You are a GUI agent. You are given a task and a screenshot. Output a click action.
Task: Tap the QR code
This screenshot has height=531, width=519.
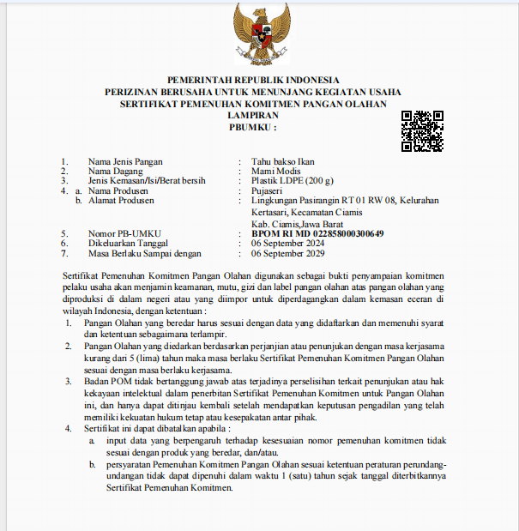pyautogui.click(x=422, y=131)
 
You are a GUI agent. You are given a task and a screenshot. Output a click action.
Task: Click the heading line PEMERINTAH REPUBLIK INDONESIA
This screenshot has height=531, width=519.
pyautogui.click(x=253, y=80)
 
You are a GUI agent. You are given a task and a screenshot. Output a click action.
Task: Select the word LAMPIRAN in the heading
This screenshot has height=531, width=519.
pyautogui.click(x=253, y=116)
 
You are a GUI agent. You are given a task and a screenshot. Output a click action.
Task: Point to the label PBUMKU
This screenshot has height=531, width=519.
pyautogui.click(x=250, y=128)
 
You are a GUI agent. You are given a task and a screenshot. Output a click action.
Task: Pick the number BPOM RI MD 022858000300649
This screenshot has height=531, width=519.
pyautogui.click(x=317, y=233)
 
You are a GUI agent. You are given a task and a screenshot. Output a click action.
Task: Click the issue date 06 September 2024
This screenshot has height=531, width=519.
pyautogui.click(x=287, y=244)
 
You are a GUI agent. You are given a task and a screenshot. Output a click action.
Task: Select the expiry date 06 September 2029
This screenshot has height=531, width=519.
pyautogui.click(x=287, y=254)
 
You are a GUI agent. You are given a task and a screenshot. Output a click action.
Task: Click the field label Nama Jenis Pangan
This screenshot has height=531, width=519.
pyautogui.click(x=125, y=161)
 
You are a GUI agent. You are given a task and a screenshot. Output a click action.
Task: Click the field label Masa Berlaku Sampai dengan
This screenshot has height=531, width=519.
pyautogui.click(x=144, y=254)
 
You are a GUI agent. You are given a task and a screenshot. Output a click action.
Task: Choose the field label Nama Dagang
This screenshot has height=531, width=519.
pyautogui.click(x=116, y=171)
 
